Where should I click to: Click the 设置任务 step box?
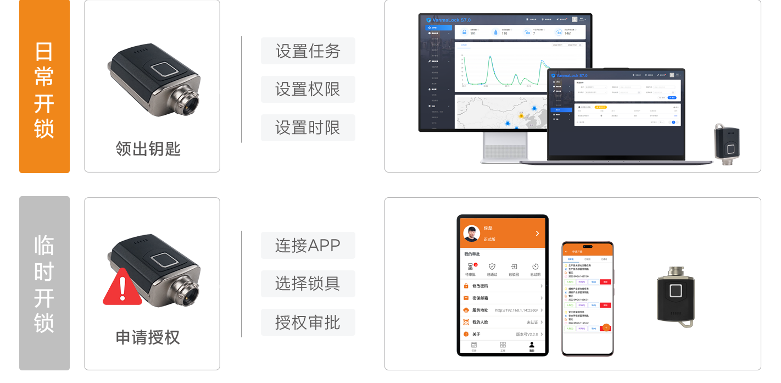(308, 51)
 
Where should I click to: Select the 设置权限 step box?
(308, 89)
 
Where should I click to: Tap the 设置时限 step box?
(308, 127)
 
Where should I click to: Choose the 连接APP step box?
(308, 245)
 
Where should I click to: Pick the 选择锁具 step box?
(308, 284)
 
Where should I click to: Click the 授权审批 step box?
(308, 322)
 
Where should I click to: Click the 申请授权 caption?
(148, 337)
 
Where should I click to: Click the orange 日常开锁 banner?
(44, 86)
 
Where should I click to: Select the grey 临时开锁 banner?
(44, 283)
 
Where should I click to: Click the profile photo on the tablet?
(472, 234)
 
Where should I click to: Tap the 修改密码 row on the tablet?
(503, 286)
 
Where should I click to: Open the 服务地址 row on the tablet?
(503, 310)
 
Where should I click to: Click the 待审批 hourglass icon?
(470, 267)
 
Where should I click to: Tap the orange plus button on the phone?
(606, 328)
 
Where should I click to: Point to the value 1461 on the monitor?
(568, 34)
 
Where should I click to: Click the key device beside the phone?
(675, 297)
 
